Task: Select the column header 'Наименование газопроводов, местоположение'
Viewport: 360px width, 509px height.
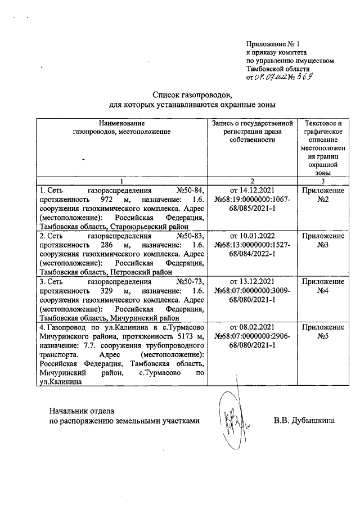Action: (x=121, y=127)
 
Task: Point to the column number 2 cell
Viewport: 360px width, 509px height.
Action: (x=252, y=181)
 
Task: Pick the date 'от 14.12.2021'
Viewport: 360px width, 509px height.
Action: (x=252, y=190)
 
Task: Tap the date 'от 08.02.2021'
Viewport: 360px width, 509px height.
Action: (x=252, y=327)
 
